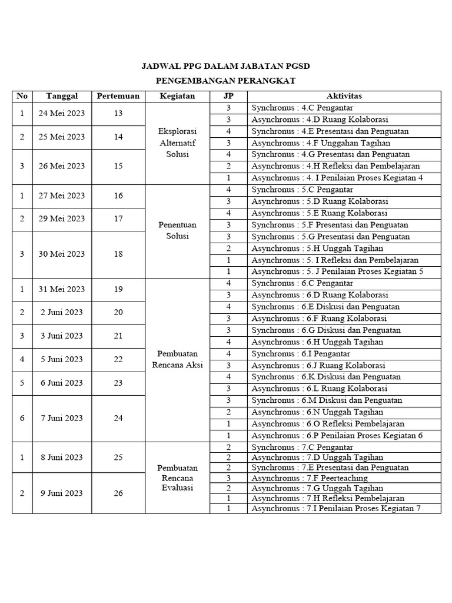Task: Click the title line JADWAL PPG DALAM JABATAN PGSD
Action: [x=226, y=67]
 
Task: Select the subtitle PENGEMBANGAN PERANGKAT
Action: [x=226, y=81]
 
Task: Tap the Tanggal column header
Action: [x=61, y=96]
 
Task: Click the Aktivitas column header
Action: [x=344, y=96]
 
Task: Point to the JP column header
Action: [x=228, y=96]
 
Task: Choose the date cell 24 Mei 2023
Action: [x=61, y=114]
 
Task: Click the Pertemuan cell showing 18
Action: [x=118, y=254]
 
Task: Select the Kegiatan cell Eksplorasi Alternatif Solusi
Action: [x=177, y=143]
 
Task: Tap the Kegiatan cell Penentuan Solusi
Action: [x=177, y=230]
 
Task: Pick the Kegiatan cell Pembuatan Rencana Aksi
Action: [x=177, y=359]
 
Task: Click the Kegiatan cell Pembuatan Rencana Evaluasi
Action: [x=177, y=477]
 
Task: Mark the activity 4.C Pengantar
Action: [x=303, y=108]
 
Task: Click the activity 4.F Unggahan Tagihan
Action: [x=321, y=143]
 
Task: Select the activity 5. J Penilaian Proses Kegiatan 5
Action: [x=337, y=271]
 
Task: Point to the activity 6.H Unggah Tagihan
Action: [x=317, y=342]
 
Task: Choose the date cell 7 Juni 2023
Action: [x=61, y=418]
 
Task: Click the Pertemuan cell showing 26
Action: [x=118, y=493]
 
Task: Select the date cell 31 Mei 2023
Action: [x=61, y=289]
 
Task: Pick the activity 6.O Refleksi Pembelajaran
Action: [x=329, y=424]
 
